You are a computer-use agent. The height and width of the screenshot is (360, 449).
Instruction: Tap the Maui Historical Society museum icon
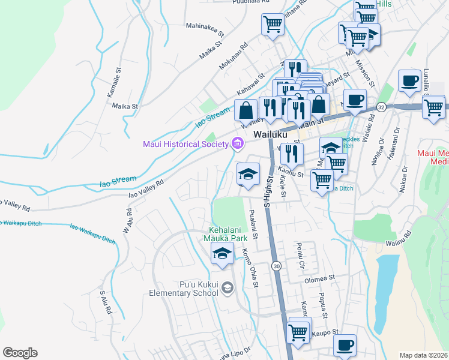pyautogui.click(x=237, y=143)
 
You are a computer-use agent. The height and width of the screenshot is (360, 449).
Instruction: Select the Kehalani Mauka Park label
pyautogui.click(x=228, y=234)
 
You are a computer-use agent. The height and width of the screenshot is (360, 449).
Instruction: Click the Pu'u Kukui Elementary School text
pyautogui.click(x=184, y=288)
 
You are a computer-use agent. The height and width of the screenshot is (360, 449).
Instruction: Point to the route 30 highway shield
pyautogui.click(x=276, y=265)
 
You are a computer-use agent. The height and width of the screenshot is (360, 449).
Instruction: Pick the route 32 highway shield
pyautogui.click(x=382, y=106)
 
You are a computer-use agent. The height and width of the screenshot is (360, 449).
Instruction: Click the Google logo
pyautogui.click(x=20, y=352)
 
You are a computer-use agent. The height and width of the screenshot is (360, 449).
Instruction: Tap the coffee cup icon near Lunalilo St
pyautogui.click(x=409, y=81)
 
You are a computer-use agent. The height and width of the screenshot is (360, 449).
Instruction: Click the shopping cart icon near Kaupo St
pyautogui.click(x=298, y=330)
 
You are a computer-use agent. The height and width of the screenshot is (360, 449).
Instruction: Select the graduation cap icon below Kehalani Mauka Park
pyautogui.click(x=222, y=254)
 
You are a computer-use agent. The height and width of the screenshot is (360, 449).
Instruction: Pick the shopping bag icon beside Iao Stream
pyautogui.click(x=246, y=110)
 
